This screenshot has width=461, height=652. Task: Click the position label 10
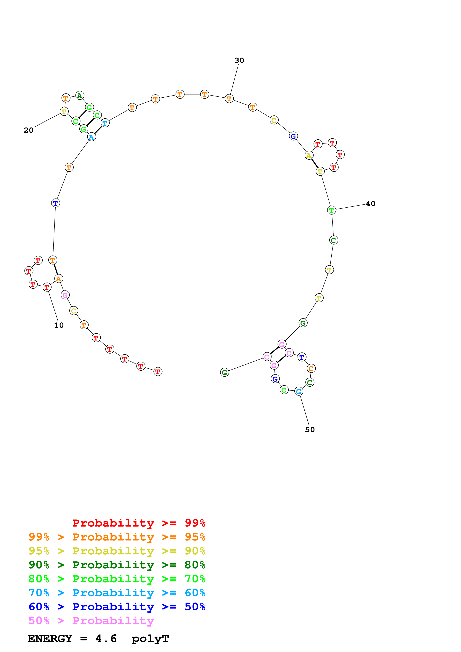click(59, 325)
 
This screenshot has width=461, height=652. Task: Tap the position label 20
click(28, 130)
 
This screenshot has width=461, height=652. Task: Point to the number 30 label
click(239, 60)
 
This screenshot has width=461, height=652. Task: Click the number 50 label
click(310, 430)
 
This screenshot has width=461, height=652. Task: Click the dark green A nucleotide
click(80, 96)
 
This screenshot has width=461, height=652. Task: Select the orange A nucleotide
click(59, 279)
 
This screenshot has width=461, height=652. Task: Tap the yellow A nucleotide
click(309, 156)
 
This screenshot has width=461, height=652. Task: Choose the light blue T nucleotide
click(105, 123)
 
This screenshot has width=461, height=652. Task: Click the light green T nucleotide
click(331, 210)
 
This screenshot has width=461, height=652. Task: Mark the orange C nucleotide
click(311, 369)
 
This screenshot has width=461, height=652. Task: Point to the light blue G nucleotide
click(298, 392)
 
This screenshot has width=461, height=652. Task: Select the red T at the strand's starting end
click(158, 372)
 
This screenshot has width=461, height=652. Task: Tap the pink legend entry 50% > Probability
click(91, 621)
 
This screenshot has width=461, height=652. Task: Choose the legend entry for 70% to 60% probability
click(117, 593)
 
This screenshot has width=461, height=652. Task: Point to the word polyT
click(150, 639)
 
